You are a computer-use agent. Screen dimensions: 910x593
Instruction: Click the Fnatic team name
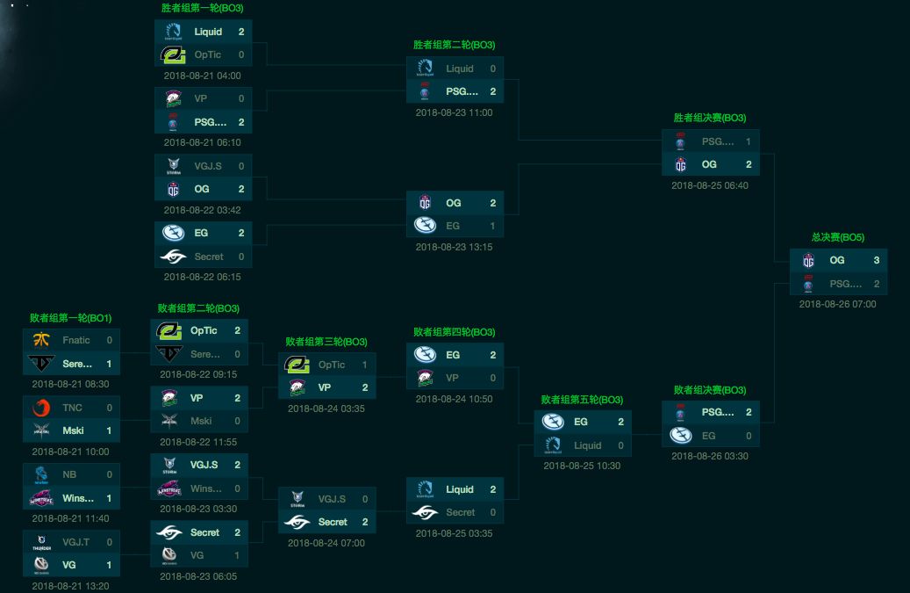click(x=75, y=340)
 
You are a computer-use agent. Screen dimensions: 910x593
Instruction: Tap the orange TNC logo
click(x=41, y=408)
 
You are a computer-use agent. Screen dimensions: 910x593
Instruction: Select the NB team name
click(x=68, y=474)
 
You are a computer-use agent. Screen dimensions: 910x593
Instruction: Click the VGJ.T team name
click(x=75, y=542)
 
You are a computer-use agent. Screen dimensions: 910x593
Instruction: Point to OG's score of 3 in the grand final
click(x=876, y=260)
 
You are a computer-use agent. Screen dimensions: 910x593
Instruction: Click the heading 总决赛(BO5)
click(x=837, y=237)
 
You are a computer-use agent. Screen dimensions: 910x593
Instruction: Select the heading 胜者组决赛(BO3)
click(x=709, y=118)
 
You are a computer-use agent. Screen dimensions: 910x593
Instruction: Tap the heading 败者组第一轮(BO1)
click(x=70, y=317)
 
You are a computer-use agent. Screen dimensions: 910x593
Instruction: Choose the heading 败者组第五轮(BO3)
click(x=583, y=400)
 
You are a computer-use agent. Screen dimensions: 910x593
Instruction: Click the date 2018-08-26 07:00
click(x=837, y=304)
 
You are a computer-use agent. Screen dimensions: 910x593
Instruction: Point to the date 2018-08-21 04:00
click(x=202, y=76)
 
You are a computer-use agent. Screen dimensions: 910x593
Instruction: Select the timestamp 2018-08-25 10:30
click(x=582, y=466)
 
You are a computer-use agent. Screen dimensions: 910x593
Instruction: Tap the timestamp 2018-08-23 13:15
click(x=454, y=247)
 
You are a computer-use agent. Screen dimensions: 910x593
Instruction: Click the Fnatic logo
click(x=41, y=340)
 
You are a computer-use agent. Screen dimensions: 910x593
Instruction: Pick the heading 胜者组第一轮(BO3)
click(x=203, y=8)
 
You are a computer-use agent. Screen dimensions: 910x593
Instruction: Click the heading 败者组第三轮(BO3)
click(x=326, y=342)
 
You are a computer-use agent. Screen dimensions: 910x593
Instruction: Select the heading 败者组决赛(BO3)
click(x=710, y=390)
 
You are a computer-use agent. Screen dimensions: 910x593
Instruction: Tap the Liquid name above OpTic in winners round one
click(x=208, y=32)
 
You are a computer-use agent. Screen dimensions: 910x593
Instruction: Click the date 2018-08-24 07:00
click(x=326, y=543)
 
